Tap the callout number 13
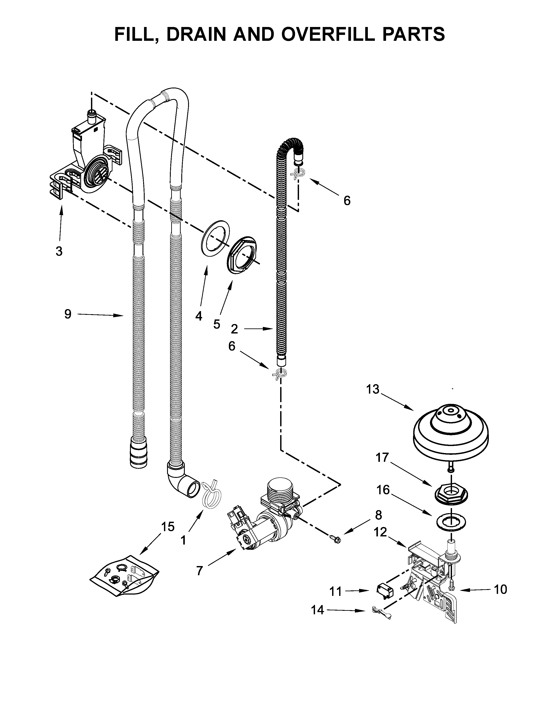click(x=372, y=389)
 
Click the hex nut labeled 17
click(x=451, y=497)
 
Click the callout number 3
click(x=59, y=251)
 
